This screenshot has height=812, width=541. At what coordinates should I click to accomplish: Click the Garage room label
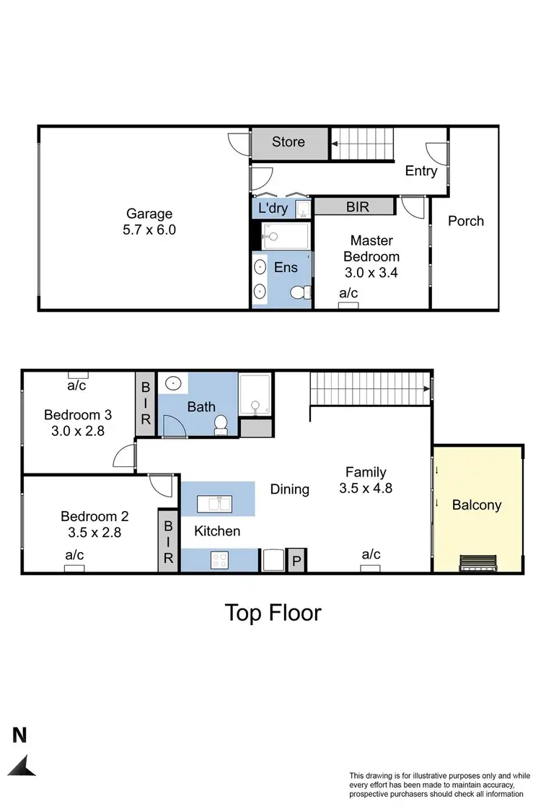[150, 222]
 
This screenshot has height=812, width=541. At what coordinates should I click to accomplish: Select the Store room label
[289, 142]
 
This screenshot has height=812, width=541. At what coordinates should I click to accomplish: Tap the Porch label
[466, 221]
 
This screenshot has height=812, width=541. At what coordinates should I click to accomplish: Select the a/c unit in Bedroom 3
[78, 375]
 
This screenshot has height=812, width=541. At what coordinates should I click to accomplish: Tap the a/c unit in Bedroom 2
[74, 568]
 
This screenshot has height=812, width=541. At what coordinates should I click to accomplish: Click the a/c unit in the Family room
[371, 568]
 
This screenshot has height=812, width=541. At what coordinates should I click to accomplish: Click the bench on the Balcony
[477, 562]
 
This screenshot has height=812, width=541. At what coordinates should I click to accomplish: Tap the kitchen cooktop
[219, 559]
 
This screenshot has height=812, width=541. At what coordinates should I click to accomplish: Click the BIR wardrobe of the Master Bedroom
[357, 207]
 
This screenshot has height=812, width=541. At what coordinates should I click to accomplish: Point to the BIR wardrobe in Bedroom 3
[146, 405]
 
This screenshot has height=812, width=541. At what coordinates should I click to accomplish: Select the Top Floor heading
[273, 613]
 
